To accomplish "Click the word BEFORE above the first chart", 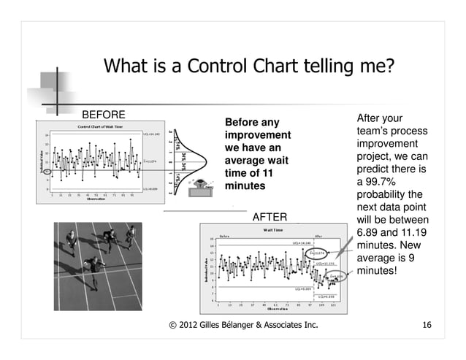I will click(x=103, y=115).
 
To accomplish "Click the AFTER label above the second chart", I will click(x=270, y=217).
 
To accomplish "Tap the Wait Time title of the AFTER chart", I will click(x=269, y=230).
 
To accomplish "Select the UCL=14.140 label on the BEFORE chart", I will click(x=151, y=134).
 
